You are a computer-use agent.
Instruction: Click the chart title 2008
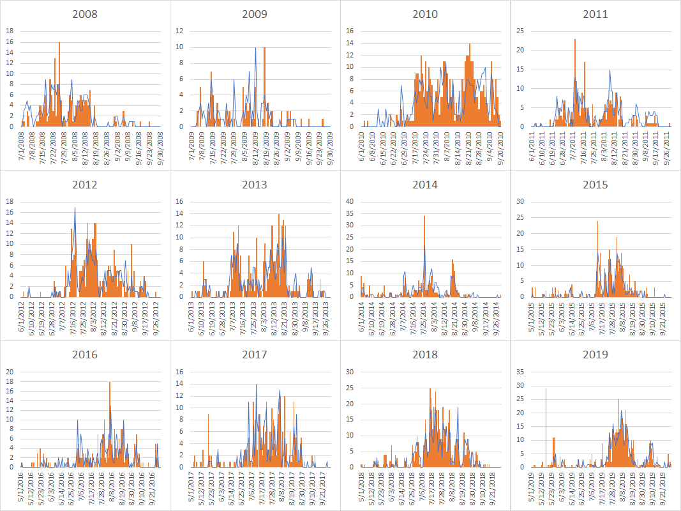tap(85, 14)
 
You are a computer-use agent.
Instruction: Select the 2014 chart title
tap(425, 185)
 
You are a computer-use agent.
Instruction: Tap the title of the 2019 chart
tap(595, 355)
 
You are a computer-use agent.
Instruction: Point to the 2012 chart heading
tap(85, 185)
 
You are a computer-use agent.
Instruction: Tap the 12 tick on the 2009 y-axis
tap(181, 31)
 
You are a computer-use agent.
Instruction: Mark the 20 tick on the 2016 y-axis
tap(10, 371)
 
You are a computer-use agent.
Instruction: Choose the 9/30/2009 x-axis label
tap(329, 146)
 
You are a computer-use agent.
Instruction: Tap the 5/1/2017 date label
tap(192, 485)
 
